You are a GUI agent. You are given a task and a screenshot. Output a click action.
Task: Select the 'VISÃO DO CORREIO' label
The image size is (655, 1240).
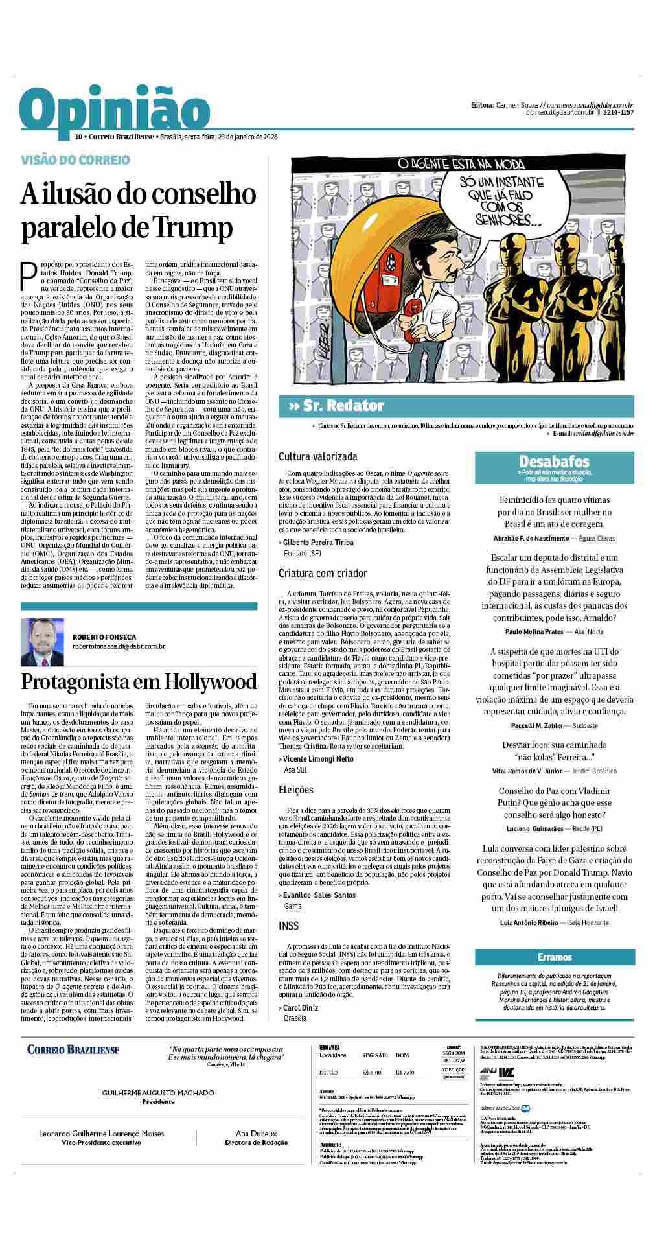pos(75,159)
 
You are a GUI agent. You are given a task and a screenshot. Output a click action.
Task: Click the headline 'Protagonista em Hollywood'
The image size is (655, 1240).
pos(139,682)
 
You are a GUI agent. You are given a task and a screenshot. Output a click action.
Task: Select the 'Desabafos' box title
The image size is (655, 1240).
pos(554,462)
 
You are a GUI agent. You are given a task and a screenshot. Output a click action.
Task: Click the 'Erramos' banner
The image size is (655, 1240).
pos(554,957)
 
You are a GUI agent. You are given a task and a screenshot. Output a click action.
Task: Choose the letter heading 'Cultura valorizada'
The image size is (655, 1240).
pos(317,456)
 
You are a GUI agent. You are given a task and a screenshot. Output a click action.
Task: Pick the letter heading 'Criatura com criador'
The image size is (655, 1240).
pos(323,573)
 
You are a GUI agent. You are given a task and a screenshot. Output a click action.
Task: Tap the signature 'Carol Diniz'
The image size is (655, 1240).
pos(301,1007)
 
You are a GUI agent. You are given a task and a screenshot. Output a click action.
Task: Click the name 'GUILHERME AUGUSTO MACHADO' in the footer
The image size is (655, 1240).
pos(158,1092)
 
